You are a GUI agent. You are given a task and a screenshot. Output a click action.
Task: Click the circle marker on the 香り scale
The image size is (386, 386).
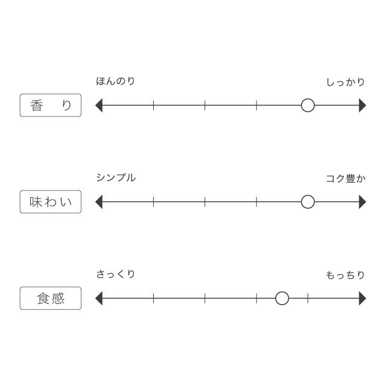308,106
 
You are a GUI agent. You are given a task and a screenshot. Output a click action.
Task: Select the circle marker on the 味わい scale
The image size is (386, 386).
308,202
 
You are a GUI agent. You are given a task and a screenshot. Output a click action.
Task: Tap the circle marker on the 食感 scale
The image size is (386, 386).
282,299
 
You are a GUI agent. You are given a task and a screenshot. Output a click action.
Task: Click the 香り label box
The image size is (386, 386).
51,105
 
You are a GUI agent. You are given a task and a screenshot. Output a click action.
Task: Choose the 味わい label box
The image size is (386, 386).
51,201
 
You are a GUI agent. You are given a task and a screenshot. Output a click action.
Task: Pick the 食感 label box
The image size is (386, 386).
51,298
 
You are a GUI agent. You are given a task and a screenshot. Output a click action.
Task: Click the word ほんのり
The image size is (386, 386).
115,81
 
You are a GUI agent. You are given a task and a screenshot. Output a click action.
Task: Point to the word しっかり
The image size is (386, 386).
346,82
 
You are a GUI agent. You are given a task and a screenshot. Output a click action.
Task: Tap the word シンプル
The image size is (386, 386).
116,178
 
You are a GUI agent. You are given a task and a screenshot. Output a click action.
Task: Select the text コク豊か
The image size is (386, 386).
346,179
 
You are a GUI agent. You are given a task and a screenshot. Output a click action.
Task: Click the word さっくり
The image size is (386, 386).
115,274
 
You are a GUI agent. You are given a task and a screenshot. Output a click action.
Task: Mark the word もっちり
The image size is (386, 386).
346,275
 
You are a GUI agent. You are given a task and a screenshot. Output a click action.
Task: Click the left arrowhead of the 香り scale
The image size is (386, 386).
99,106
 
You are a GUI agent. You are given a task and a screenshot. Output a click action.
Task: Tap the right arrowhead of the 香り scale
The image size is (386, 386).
362,106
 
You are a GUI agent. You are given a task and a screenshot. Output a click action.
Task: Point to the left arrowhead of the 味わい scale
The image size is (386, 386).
99,202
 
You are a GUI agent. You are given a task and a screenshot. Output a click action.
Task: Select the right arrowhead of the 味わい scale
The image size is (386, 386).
362,202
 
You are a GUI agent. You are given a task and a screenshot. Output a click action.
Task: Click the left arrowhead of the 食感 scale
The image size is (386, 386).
99,299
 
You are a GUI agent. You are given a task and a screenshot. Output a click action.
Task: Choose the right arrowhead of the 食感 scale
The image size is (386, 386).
362,299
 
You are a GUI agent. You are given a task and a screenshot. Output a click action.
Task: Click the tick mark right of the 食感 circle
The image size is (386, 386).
308,299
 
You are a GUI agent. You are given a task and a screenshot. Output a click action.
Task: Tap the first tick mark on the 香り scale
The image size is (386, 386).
153,106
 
